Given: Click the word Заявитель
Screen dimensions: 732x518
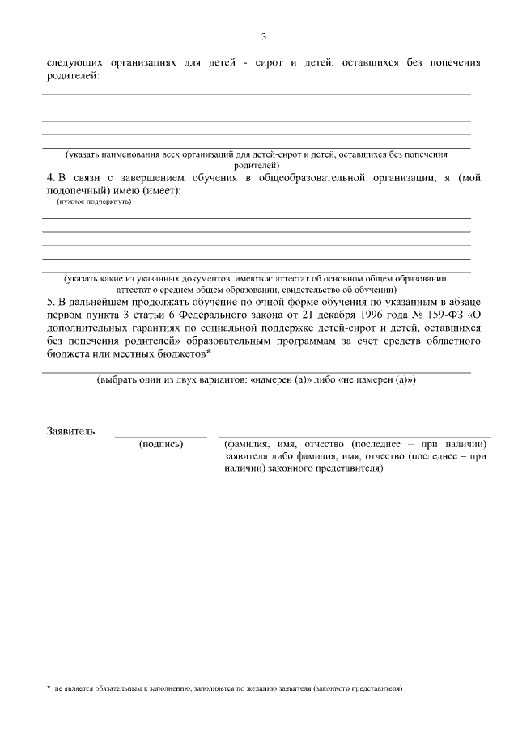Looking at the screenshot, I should tap(71, 431).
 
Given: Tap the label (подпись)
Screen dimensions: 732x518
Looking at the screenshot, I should tap(161, 444).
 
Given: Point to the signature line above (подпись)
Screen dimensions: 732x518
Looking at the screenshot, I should tap(160, 437).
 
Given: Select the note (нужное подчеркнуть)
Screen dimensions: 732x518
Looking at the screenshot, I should tap(89, 201).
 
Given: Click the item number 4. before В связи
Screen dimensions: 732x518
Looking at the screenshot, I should tap(50, 178).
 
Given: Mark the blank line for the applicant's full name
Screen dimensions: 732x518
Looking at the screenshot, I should tap(355, 437).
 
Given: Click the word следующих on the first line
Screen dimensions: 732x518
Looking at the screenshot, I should tap(74, 63).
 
